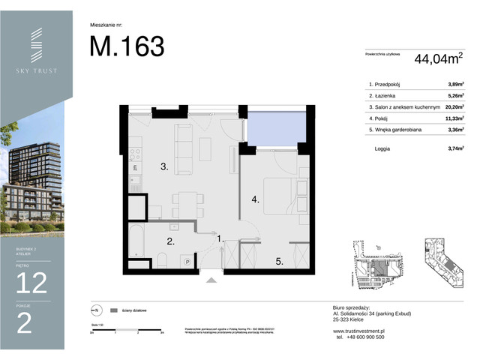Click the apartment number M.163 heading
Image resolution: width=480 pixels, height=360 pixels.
[127, 46]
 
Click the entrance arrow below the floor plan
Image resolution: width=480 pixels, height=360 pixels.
[212, 280]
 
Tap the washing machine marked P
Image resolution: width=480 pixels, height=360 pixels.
[186, 260]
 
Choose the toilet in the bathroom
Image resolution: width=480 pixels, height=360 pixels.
[162, 259]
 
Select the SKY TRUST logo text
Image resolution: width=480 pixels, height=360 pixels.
[36, 70]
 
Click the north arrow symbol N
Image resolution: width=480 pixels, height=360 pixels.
[94, 309]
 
